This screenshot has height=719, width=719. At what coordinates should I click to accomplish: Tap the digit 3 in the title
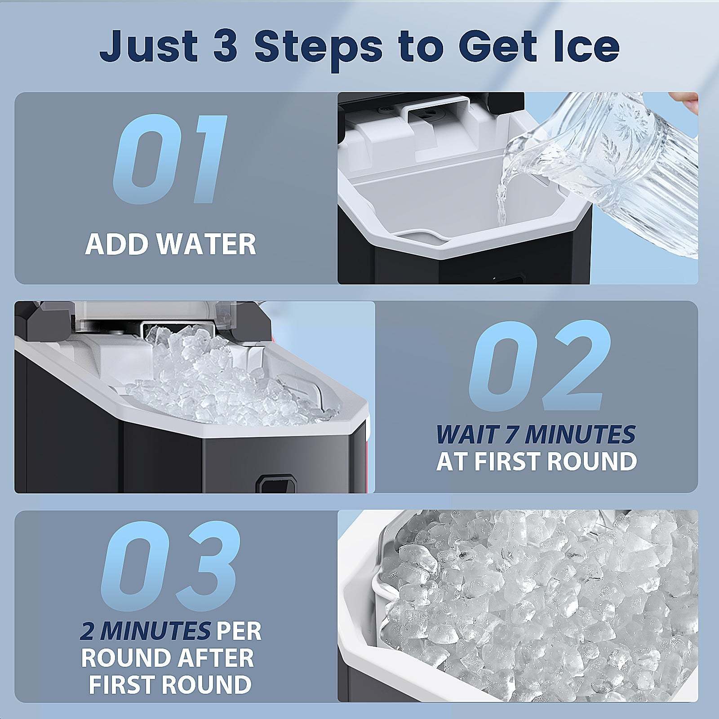pyautogui.click(x=225, y=46)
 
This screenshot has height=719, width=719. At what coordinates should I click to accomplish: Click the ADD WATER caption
pyautogui.click(x=171, y=244)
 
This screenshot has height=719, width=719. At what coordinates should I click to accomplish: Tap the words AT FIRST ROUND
pyautogui.click(x=537, y=462)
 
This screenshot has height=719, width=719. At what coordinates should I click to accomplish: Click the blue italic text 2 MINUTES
pyautogui.click(x=145, y=631)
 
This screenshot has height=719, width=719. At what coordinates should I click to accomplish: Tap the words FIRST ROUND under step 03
pyautogui.click(x=170, y=685)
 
